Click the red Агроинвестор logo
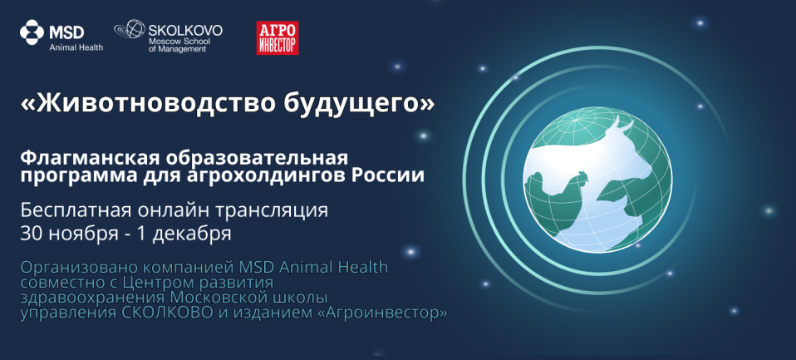pos(278,37)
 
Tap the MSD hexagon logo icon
pos(32,32)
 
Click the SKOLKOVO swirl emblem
pos(130,30)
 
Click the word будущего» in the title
pos(356,103)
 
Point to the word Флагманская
pos(91,159)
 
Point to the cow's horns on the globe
pos(615,124)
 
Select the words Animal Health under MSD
pos(76,47)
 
